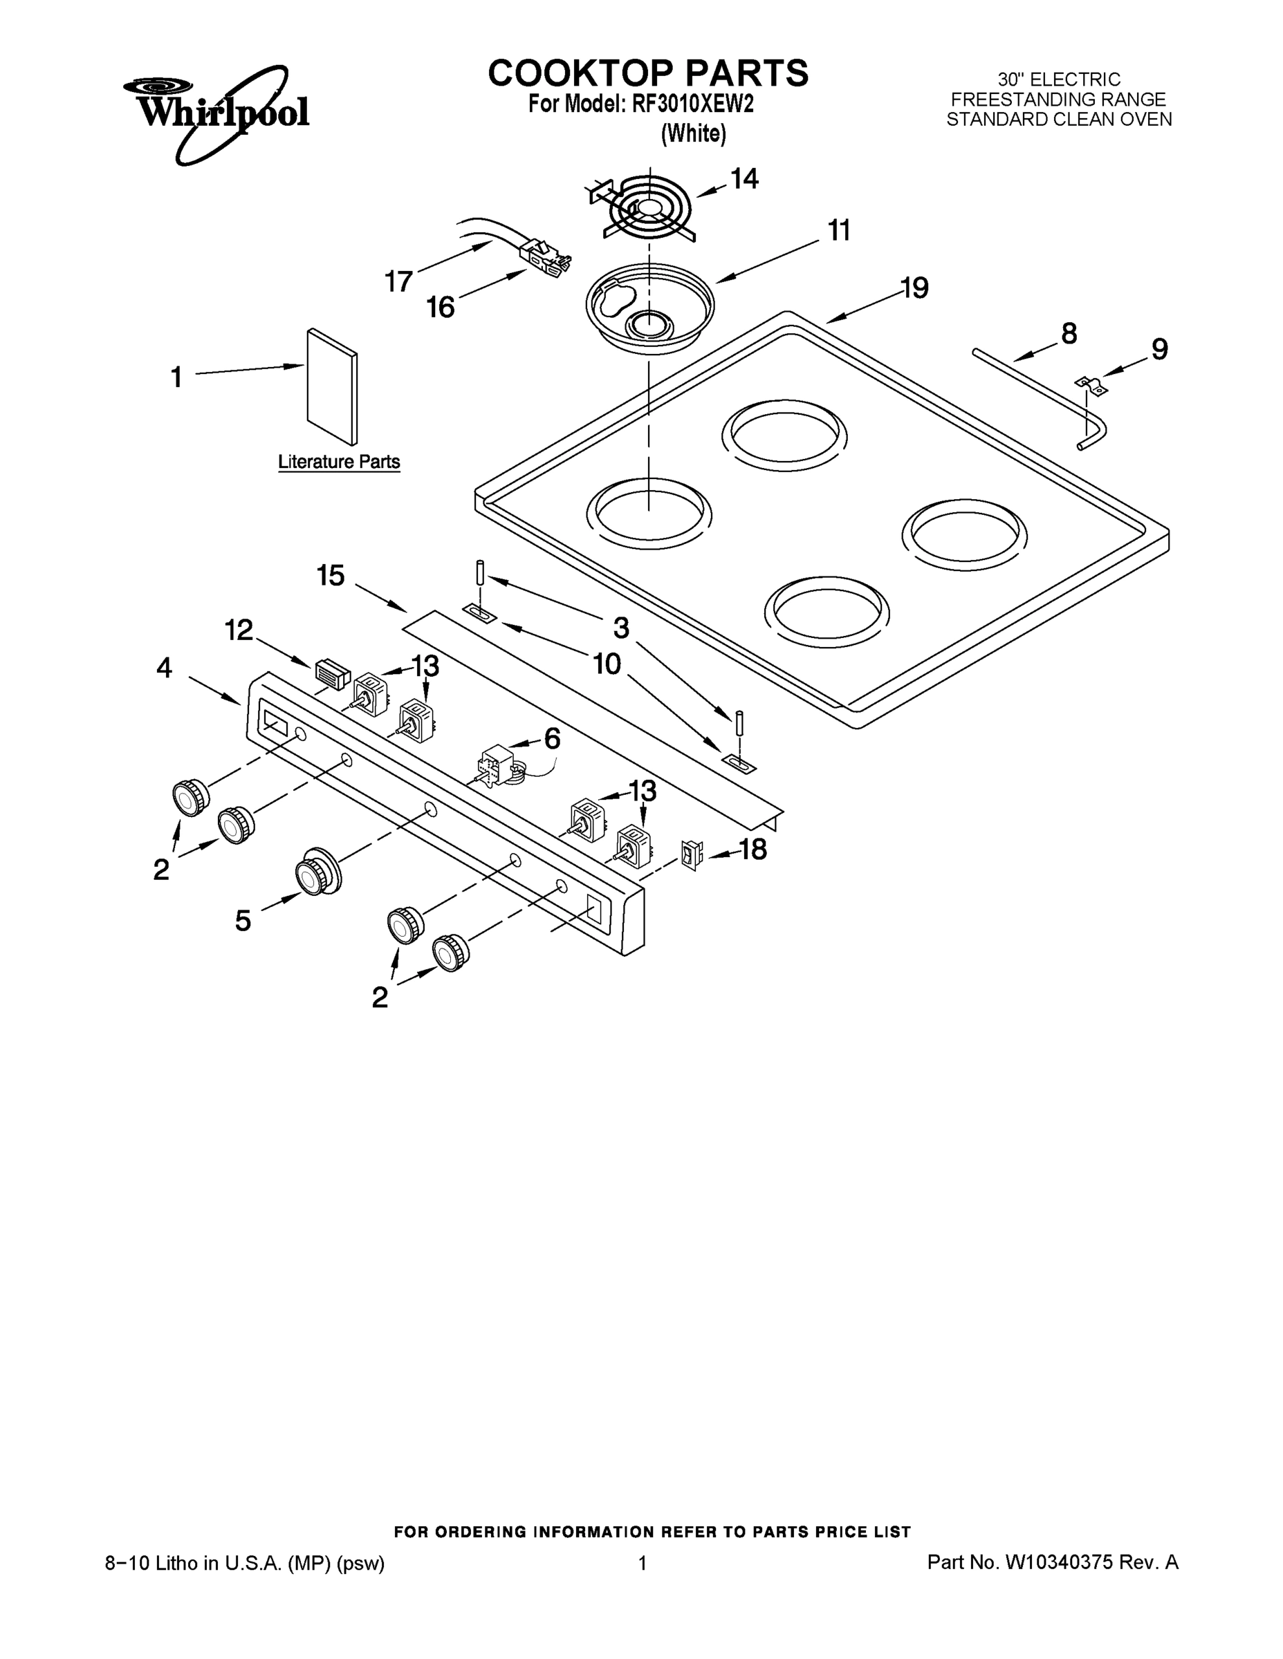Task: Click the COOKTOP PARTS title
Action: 647,74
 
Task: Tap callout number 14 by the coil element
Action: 744,178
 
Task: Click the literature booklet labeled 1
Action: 332,386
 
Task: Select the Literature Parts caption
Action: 339,462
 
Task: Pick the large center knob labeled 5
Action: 317,871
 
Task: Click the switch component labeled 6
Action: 497,766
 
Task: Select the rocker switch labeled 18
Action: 692,855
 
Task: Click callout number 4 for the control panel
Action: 164,668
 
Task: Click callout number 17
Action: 398,281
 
